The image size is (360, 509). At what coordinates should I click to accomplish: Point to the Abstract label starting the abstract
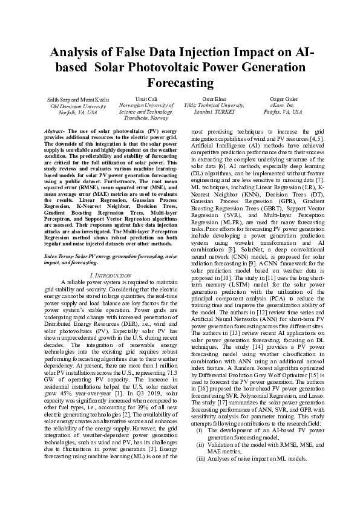(x=56, y=131)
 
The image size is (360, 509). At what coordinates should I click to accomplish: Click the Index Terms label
(x=62, y=256)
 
